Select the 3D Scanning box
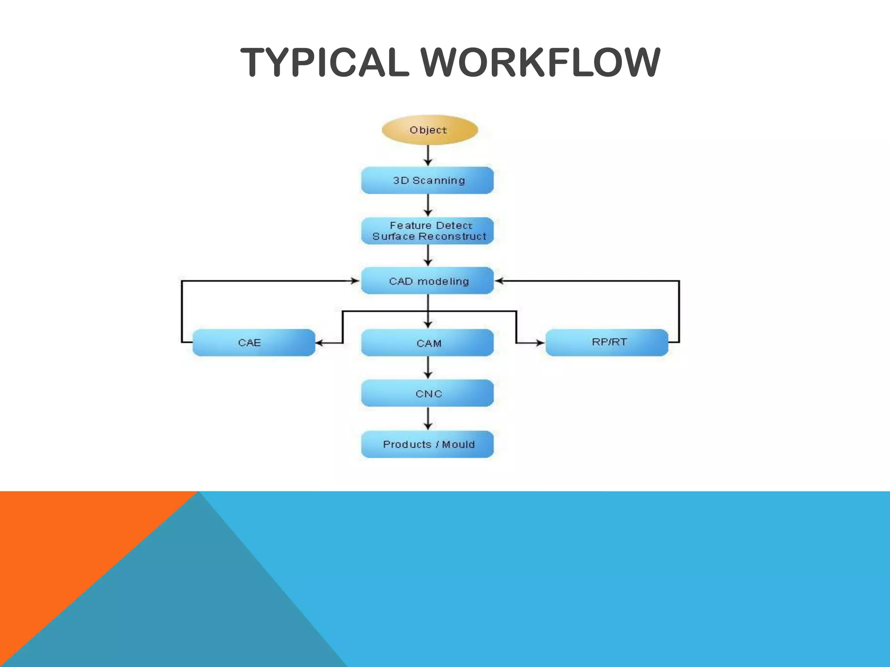pyautogui.click(x=428, y=180)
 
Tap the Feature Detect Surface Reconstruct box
pyautogui.click(x=428, y=231)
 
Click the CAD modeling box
pyautogui.click(x=428, y=281)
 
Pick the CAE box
pyautogui.click(x=253, y=343)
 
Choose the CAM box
pyautogui.click(x=428, y=343)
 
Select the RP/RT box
pyautogui.click(x=607, y=343)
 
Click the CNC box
pyautogui.click(x=428, y=393)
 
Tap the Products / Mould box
pyautogui.click(x=428, y=444)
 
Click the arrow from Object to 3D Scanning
pyautogui.click(x=428, y=155)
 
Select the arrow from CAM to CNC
pyautogui.click(x=428, y=368)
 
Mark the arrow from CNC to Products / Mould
pyautogui.click(x=428, y=419)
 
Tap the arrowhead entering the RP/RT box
pyautogui.click(x=540, y=343)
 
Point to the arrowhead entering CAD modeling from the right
pyautogui.click(x=499, y=281)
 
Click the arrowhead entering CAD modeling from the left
pyautogui.click(x=355, y=281)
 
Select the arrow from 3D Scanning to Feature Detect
pyautogui.click(x=428, y=205)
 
